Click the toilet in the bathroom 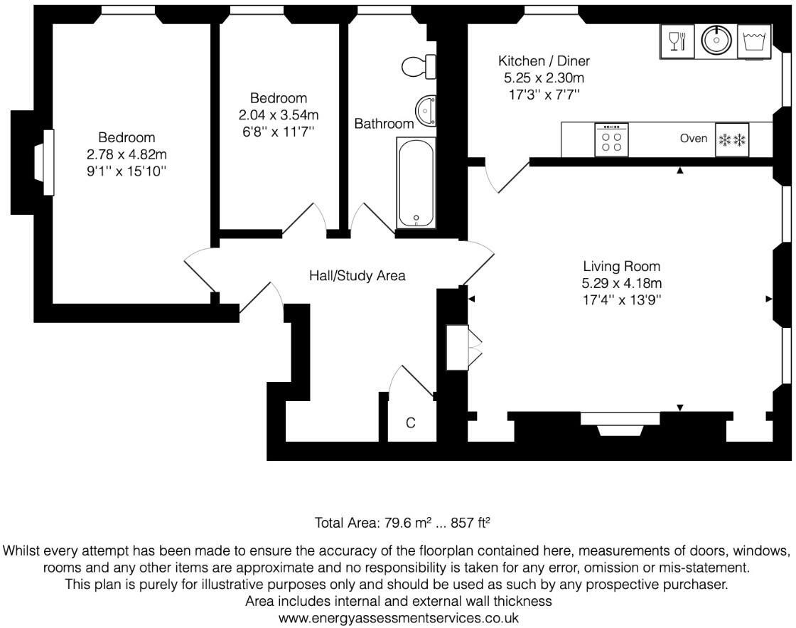point(418,67)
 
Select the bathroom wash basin point(426,112)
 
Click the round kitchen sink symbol point(716,41)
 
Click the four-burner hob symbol point(611,139)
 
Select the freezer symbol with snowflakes point(732,139)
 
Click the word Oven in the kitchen point(693,139)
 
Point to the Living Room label point(621,267)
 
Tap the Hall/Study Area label point(357,275)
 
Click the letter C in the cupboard point(410,423)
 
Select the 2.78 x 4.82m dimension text point(127,154)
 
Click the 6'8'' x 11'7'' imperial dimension point(279,131)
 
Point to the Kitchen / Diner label point(544,61)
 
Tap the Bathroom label point(384,124)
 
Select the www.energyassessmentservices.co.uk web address point(398,618)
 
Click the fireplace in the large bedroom point(48,161)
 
